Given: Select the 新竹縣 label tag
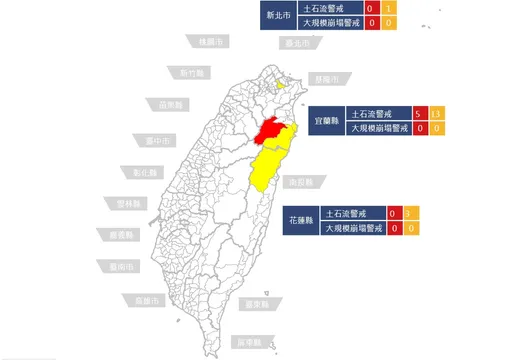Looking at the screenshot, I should pos(190,73).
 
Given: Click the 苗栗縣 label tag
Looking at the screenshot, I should pos(169,104).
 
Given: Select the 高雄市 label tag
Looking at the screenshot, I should pos(139,299).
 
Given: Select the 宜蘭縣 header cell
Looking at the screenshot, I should pos(326,121).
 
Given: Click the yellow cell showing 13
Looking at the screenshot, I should pos(437,113).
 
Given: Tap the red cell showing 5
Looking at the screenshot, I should pos(420,113).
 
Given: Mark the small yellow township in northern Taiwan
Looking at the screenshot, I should pos(281,85).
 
